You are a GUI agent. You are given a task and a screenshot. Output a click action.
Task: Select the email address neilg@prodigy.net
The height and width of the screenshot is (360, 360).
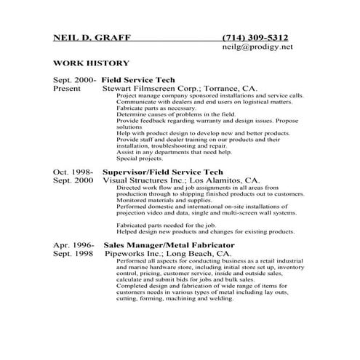tap(257, 47)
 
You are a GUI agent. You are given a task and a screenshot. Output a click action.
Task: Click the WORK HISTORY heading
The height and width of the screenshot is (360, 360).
tap(92, 64)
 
